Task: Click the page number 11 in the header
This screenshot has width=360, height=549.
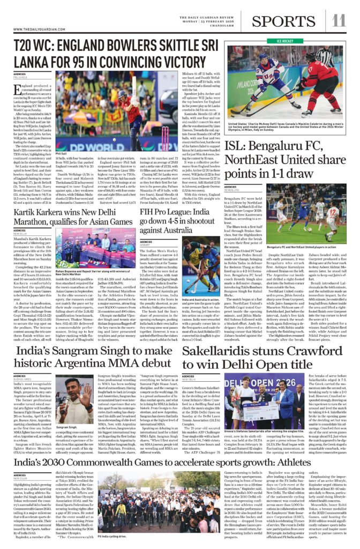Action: click(339, 20)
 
